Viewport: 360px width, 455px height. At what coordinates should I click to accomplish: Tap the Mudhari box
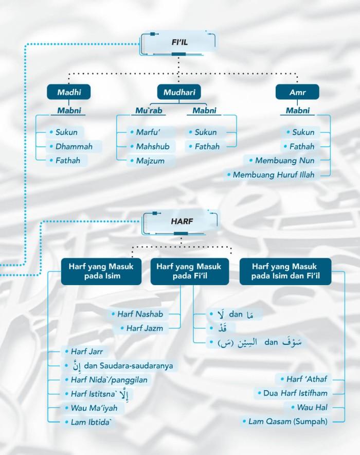click(x=178, y=92)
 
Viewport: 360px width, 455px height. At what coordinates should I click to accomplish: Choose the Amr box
click(x=297, y=92)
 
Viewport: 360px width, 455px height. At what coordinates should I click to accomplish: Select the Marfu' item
click(x=149, y=132)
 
